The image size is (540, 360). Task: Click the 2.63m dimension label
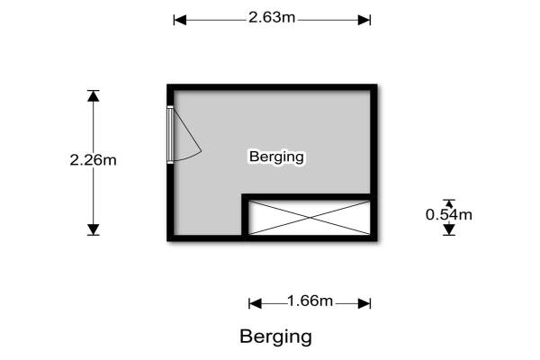coord(272,19)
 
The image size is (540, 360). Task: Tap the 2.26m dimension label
coord(94,161)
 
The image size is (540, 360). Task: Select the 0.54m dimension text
coord(449,214)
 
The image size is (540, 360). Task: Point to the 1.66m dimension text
coord(310,301)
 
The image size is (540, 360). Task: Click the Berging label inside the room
coord(276,157)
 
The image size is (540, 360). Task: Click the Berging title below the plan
coord(275,337)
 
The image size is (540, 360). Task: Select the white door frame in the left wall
coord(170,135)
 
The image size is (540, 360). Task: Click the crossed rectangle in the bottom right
coord(309,218)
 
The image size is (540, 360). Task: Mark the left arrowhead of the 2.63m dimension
coord(178,19)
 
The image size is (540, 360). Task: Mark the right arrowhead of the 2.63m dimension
coord(365,19)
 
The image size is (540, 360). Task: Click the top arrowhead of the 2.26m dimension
coord(94,95)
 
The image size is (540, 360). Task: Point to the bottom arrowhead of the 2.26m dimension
coord(94,229)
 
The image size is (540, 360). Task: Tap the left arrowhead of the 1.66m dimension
coord(254,302)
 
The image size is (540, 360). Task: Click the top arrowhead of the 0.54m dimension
coord(449,203)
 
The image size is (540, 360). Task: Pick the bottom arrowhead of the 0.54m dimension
coord(449,229)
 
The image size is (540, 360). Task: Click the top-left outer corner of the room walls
coord(168,85)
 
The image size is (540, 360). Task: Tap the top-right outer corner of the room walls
coord(374,85)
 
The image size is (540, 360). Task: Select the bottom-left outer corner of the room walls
coord(168,240)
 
